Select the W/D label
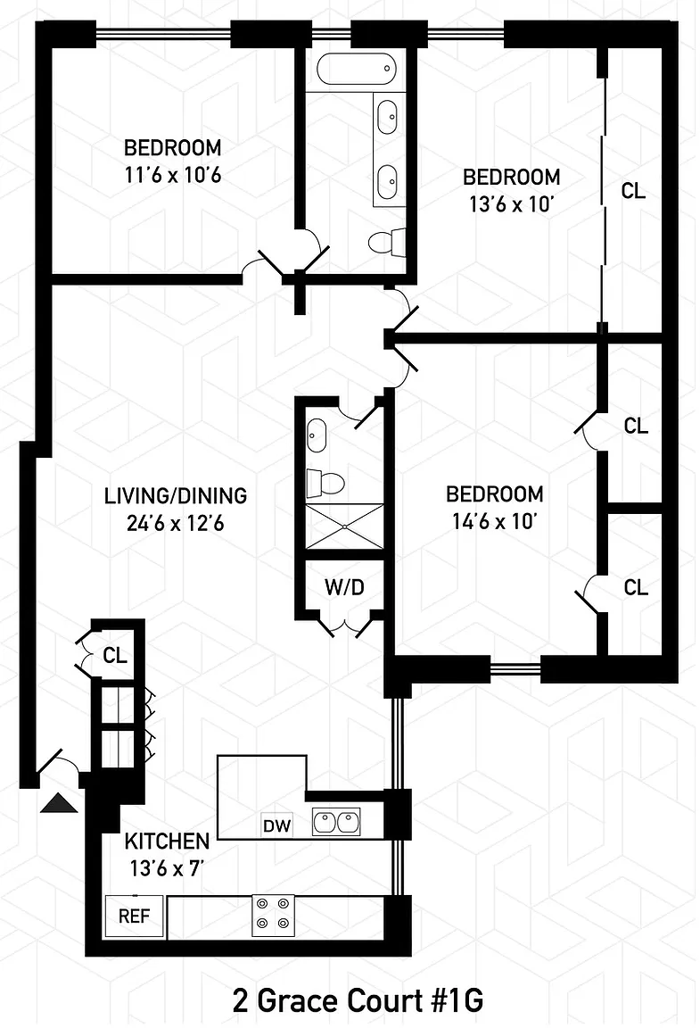click(x=344, y=587)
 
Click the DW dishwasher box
click(x=277, y=825)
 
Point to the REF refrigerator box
click(x=135, y=916)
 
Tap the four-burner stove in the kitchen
click(x=272, y=914)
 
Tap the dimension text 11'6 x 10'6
click(x=173, y=174)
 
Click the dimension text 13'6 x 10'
click(x=511, y=203)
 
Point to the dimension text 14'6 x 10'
click(x=495, y=521)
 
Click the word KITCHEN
click(x=167, y=841)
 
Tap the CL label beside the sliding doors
click(x=633, y=191)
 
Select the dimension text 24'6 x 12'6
click(x=175, y=524)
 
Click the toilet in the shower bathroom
click(x=325, y=483)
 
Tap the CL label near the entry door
click(x=114, y=655)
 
